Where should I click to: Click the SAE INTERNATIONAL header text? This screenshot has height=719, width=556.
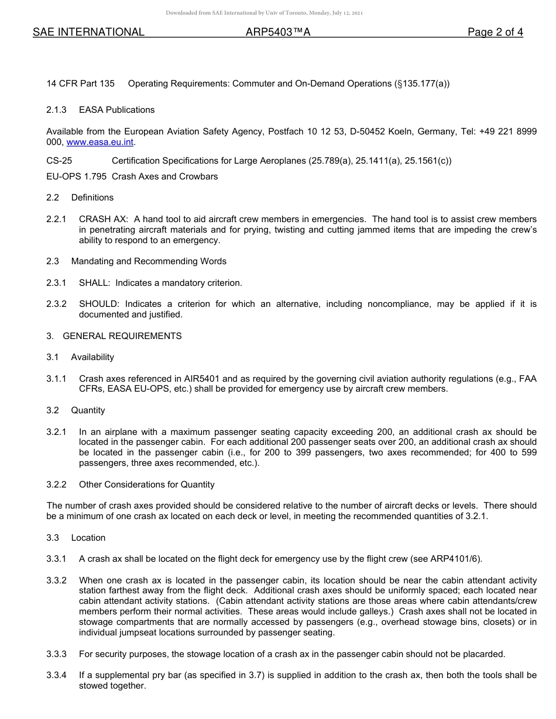[88, 32]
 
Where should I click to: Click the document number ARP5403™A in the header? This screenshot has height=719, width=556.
[277, 32]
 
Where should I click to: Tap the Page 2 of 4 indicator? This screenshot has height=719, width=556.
[495, 32]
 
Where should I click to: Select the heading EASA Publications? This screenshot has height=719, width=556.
[117, 110]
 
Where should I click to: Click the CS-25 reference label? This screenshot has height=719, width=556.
[59, 161]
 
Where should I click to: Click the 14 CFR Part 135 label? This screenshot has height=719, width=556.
[80, 84]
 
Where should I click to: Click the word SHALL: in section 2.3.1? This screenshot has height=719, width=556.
[94, 283]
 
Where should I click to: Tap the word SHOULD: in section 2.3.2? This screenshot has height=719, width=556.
[99, 304]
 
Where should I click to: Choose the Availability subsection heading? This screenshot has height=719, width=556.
[92, 357]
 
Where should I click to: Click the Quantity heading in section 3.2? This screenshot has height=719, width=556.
[88, 410]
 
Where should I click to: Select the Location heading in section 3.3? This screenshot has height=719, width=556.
[88, 538]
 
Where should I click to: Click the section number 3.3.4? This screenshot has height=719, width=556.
[56, 675]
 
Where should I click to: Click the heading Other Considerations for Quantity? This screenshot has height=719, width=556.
[147, 485]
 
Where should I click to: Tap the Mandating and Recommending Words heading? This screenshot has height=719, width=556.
[149, 261]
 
